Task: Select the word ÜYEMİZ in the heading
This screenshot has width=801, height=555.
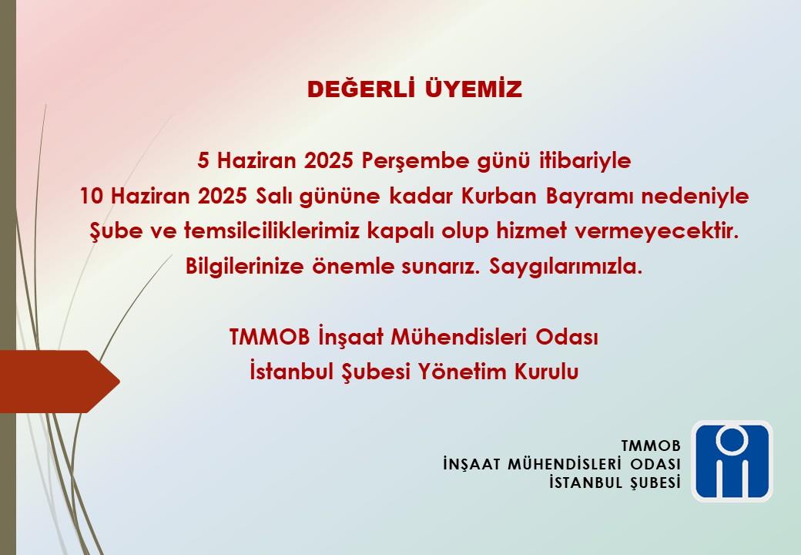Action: point(474,89)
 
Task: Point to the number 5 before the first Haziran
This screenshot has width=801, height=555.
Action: point(203,161)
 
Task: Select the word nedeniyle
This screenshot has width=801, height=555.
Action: point(695,197)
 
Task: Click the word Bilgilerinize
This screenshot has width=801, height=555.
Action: point(245,267)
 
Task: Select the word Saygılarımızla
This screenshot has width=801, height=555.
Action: point(565,267)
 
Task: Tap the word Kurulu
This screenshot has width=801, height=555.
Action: point(546,372)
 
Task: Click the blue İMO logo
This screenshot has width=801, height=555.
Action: point(732,461)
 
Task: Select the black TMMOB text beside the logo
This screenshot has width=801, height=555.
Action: point(651,446)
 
